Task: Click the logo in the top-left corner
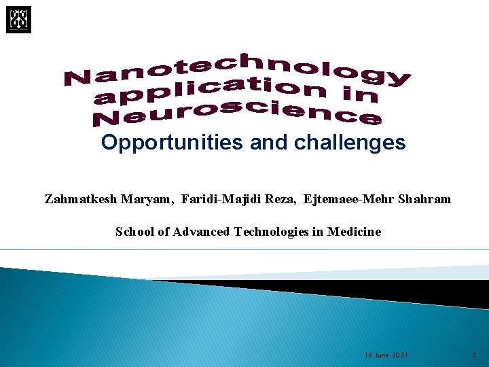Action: [19, 20]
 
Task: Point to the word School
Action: [135, 232]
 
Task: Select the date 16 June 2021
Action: [386, 355]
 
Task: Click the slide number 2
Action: [475, 355]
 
